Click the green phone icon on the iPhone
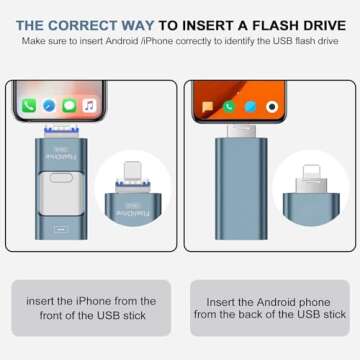(30, 105)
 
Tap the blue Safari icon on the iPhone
(49, 105)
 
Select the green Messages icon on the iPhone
(69, 105)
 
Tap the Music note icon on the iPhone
(89, 105)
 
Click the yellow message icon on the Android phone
(207, 106)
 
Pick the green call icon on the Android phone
(229, 106)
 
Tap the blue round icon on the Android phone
(251, 106)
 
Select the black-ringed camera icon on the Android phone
(273, 106)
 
